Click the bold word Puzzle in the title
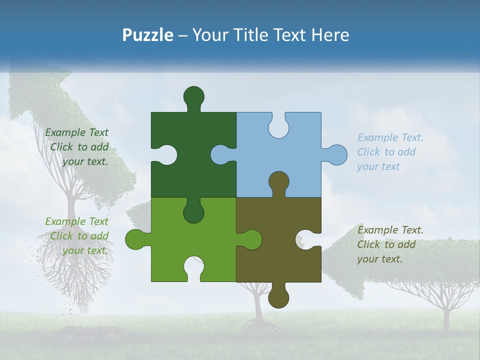[x=148, y=35]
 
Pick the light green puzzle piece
[x=165, y=245]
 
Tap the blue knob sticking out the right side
[x=336, y=154]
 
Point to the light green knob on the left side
[x=135, y=239]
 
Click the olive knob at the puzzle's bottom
[x=278, y=297]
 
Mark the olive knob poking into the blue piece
[x=278, y=182]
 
